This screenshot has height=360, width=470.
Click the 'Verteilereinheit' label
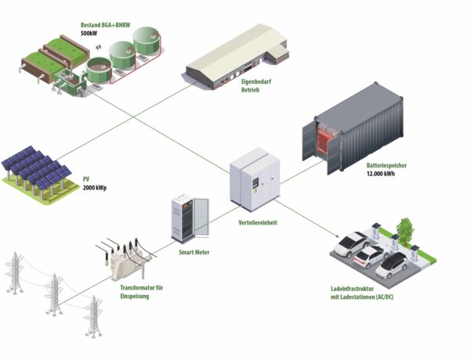tap(256, 221)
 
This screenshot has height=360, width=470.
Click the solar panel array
tap(35, 172)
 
